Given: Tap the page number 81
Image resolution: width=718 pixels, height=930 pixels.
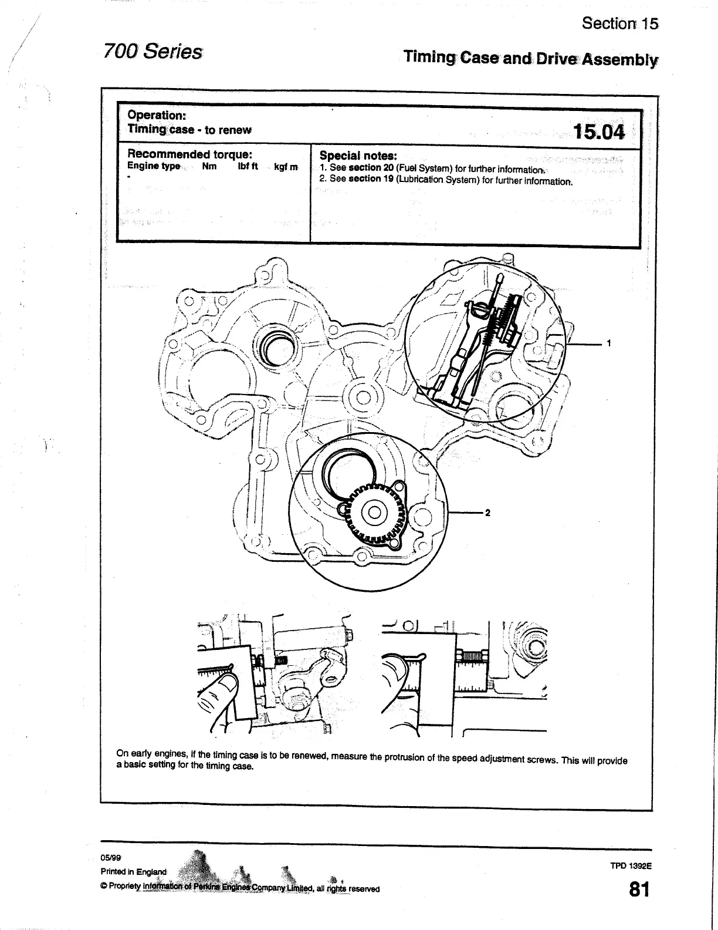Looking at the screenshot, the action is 639,890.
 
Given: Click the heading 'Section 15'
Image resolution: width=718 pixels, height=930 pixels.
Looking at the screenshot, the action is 619,23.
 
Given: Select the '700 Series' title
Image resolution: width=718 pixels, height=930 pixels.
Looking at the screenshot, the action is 152,52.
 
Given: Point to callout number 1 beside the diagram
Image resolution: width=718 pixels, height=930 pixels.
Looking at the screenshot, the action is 610,343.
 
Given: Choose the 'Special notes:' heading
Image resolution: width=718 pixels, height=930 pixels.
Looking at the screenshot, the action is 358,156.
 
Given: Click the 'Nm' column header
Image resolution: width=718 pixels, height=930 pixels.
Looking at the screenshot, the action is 209,166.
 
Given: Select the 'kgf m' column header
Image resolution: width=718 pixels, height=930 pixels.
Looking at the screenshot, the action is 286,167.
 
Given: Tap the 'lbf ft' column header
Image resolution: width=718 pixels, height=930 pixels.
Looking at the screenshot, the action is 248,166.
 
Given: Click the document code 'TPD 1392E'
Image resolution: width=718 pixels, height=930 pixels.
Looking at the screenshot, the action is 632,865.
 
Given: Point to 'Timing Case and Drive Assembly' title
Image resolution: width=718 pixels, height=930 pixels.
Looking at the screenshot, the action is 530,59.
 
